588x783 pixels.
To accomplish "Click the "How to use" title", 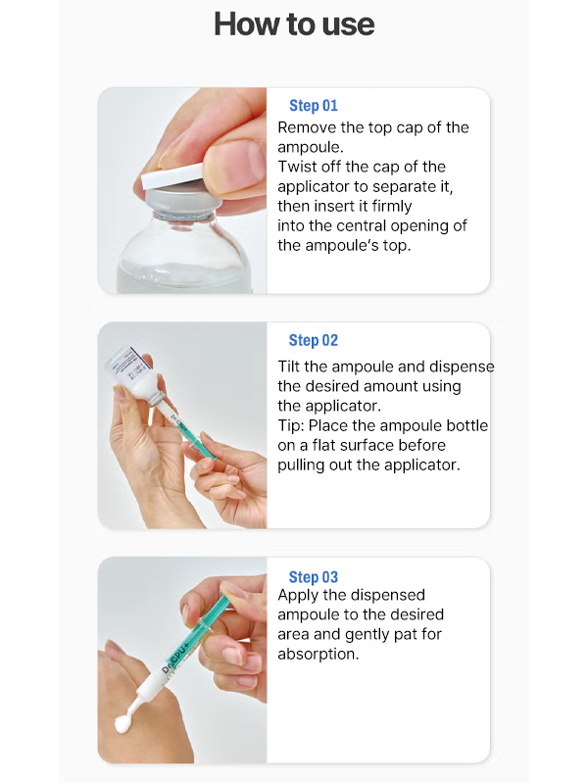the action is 294,24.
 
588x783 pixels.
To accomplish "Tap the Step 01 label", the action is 314,106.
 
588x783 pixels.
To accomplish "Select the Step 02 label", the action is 314,341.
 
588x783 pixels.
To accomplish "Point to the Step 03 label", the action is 314,577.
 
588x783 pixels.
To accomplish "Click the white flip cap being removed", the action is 172,175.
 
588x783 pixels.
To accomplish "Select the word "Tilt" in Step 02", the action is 289,367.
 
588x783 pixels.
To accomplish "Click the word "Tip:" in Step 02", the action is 291,426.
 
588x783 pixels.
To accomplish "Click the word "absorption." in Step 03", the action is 318,655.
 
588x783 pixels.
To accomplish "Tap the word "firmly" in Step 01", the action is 392,206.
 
